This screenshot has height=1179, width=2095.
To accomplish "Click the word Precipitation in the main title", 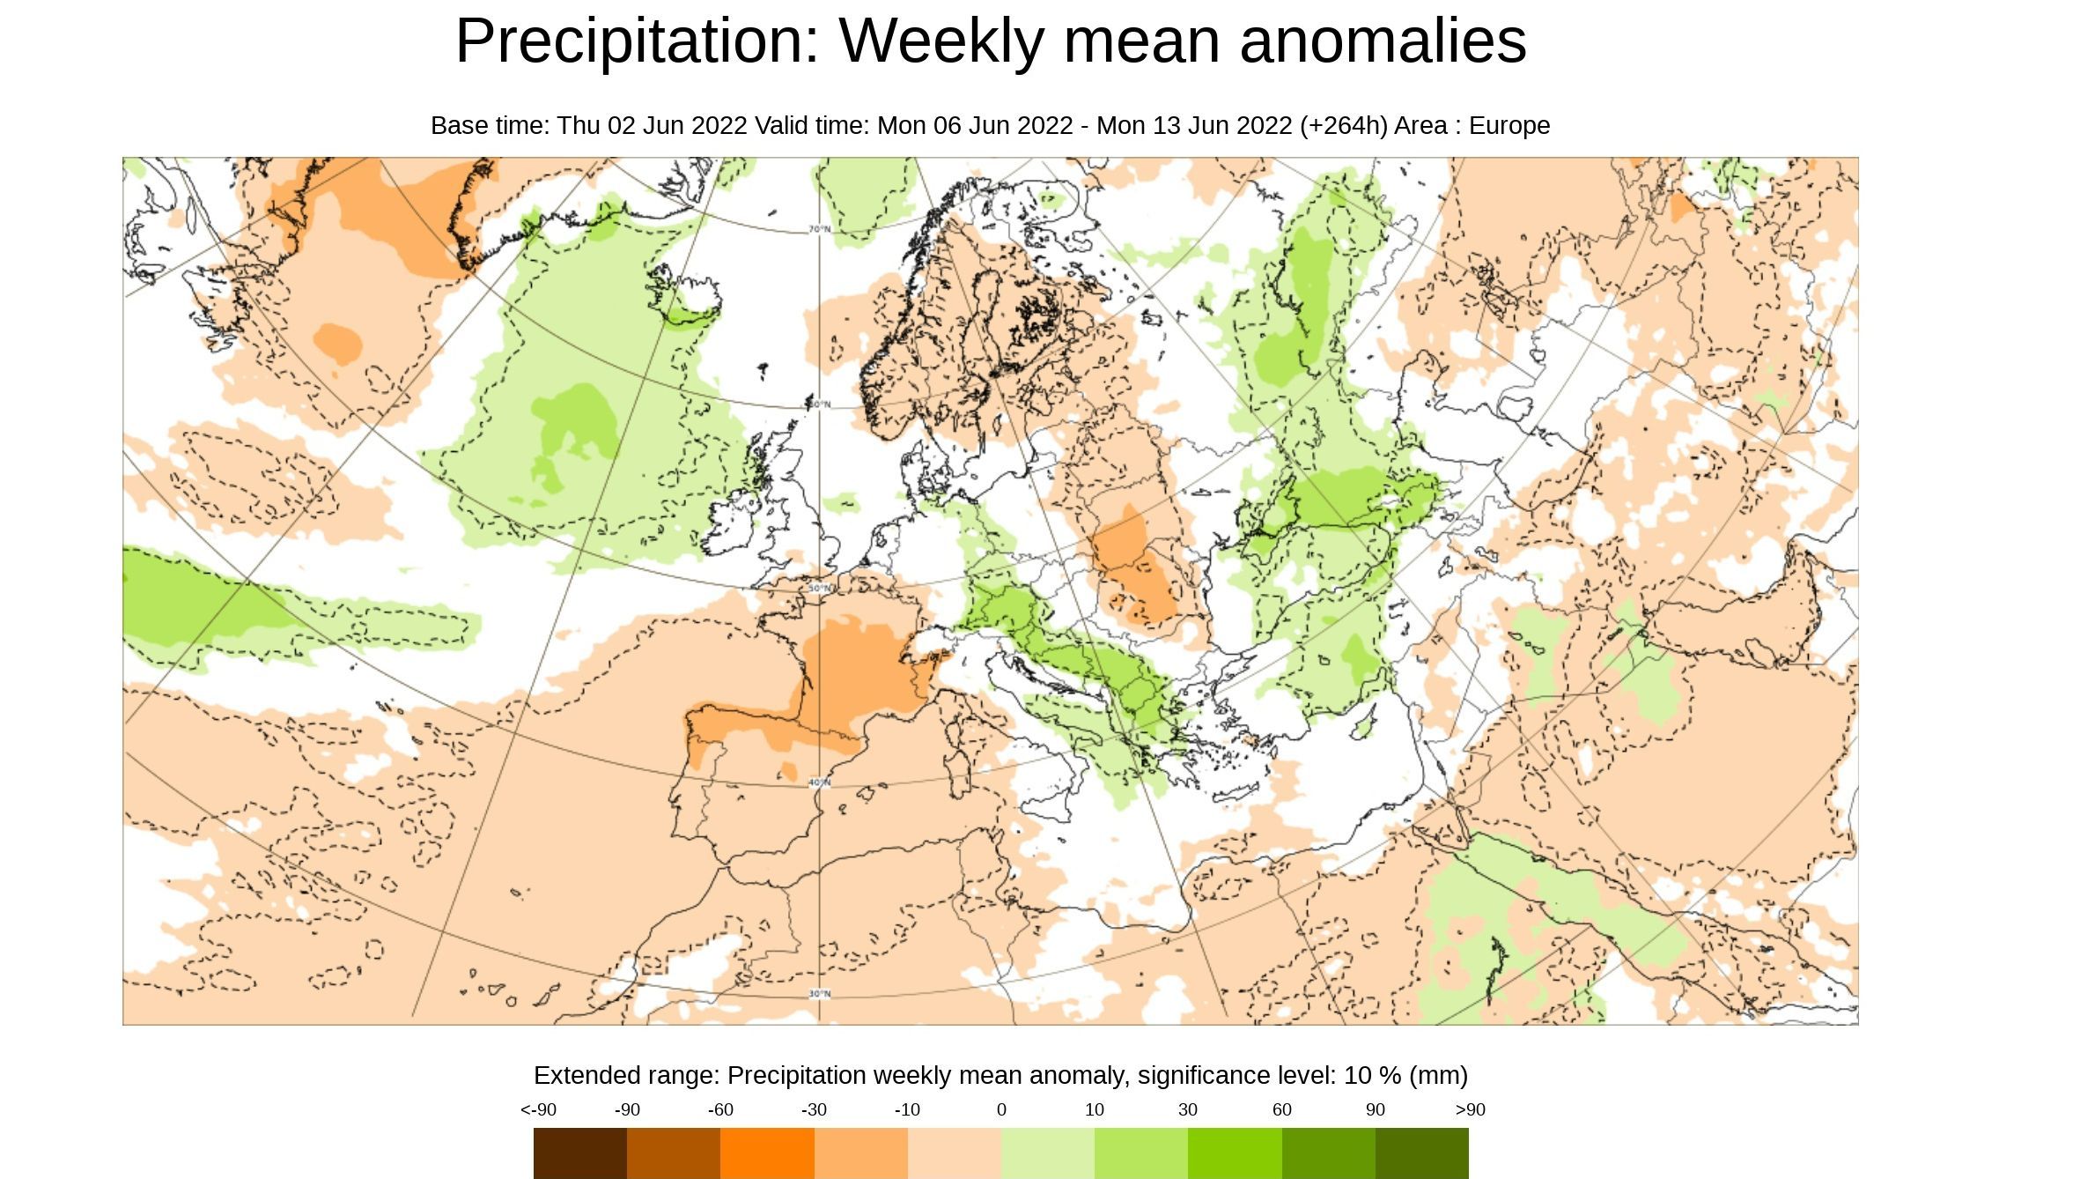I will click(x=638, y=41).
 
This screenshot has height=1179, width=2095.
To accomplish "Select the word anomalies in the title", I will click(x=1383, y=41).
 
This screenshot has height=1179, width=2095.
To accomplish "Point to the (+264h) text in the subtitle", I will click(x=1343, y=126).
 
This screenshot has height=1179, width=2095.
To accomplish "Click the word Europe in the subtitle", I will click(x=1509, y=126).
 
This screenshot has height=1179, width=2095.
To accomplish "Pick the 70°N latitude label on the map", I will click(x=820, y=229).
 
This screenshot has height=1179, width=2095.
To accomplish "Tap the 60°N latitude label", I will click(x=820, y=404).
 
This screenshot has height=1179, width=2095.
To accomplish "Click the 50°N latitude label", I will click(x=820, y=588).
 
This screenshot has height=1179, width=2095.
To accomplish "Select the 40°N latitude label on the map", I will click(x=820, y=782).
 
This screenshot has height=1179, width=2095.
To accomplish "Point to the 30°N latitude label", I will click(x=820, y=994).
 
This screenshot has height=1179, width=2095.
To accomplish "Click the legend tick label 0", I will click(x=1001, y=1110).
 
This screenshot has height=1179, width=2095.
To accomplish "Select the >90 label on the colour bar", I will click(x=1470, y=1110).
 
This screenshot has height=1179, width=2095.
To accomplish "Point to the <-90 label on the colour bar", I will click(x=538, y=1110).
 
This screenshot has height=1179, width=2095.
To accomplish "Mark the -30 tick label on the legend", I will click(x=814, y=1110).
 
